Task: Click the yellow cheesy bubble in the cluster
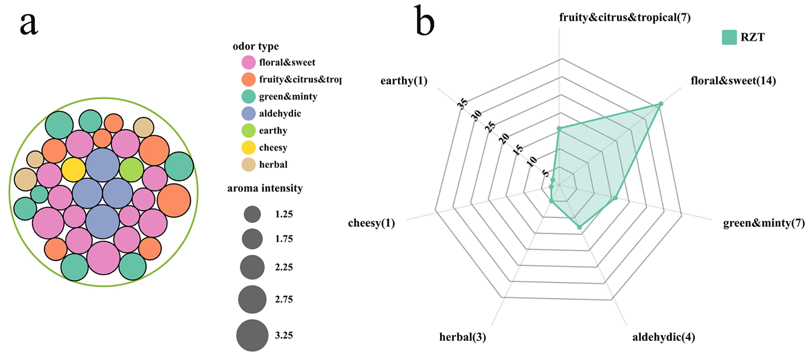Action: pos(73,170)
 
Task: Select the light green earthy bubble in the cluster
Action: pos(132,170)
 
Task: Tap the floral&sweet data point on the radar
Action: pos(660,104)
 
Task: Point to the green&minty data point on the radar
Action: pos(615,198)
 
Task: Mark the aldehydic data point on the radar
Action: pos(579,227)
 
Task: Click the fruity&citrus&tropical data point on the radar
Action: pos(559,128)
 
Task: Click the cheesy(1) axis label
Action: pos(371,223)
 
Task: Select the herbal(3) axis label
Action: pos(462,337)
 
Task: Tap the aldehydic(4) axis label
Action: pos(663,337)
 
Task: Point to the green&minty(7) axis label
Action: pos(764,223)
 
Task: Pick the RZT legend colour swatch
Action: pos(729,37)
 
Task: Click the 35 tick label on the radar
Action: pos(462,104)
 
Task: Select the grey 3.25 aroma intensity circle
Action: pos(252,335)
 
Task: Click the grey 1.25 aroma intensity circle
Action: pos(252,214)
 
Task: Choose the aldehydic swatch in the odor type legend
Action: pos(248,114)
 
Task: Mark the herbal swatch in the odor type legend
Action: pos(248,165)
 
